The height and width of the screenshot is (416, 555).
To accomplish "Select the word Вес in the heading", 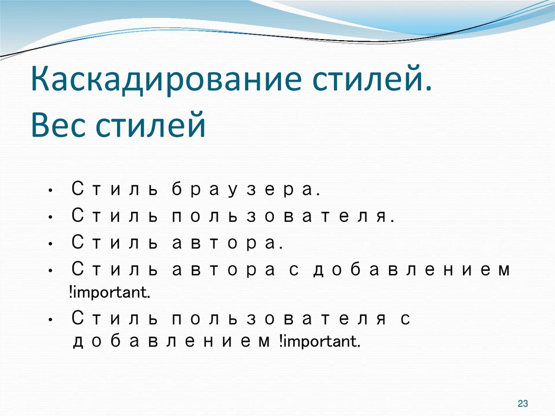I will pos(59,126).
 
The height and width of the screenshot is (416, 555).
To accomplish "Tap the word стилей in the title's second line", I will pos(151,126).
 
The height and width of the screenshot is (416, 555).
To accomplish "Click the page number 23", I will pos(523,403).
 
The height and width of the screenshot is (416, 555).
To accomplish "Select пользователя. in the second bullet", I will pos(283,216).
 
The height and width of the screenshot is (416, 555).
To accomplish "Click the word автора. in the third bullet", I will pos(228,243).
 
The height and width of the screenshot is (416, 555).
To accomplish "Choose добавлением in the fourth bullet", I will pos(411,270).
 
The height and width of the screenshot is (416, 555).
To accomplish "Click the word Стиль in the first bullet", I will pos(114,190).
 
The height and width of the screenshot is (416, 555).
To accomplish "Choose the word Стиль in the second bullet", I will pos(114,216).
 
